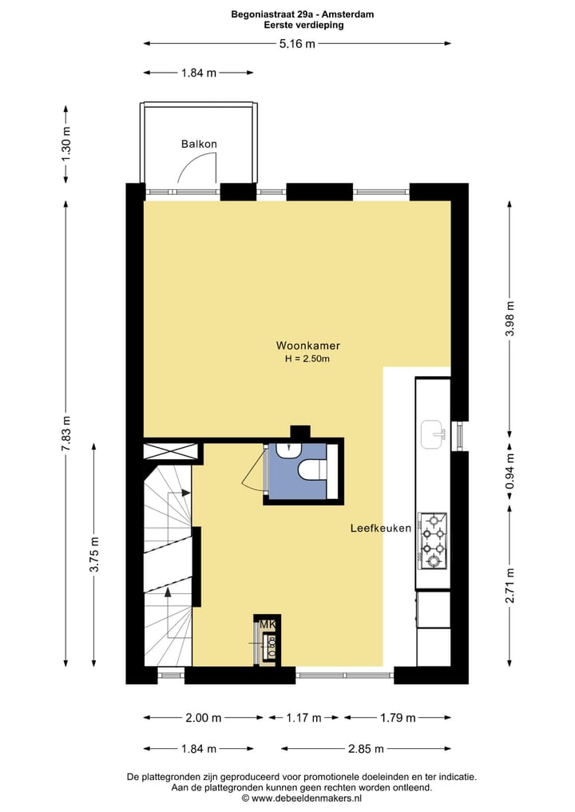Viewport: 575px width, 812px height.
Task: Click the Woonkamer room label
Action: (x=308, y=346)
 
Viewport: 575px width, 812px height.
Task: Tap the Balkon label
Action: (x=199, y=145)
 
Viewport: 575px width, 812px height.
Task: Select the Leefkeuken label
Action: (x=381, y=529)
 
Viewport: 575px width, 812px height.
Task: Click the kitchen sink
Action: (x=433, y=433)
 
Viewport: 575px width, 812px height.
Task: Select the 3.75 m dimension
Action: (x=94, y=556)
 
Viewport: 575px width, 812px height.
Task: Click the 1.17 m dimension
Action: (x=303, y=718)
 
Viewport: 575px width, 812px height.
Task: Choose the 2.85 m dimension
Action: (x=364, y=749)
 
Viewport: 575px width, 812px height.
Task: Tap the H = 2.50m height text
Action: (x=307, y=359)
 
